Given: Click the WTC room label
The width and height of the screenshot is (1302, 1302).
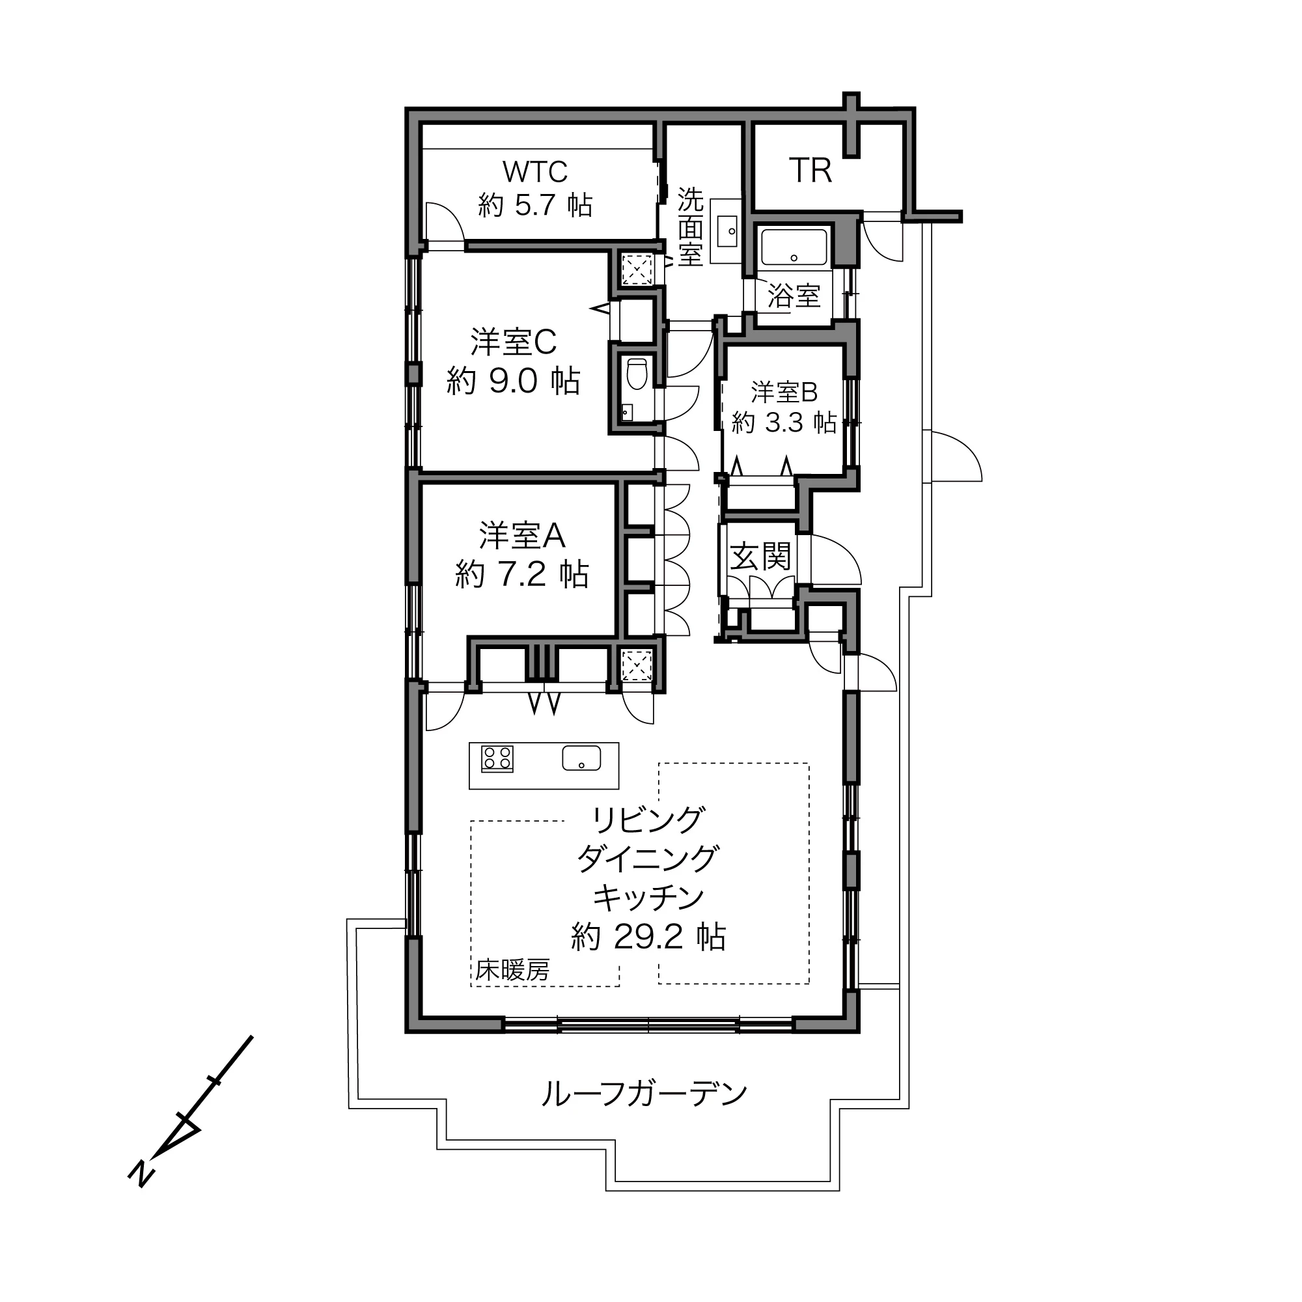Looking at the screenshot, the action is (535, 172).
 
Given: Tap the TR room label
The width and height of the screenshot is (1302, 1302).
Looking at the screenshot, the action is (810, 171).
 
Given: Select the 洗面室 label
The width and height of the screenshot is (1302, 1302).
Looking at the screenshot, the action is (690, 227).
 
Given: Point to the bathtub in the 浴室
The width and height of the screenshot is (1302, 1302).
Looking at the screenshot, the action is (794, 247).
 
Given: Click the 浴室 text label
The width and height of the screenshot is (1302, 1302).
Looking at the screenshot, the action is (794, 295).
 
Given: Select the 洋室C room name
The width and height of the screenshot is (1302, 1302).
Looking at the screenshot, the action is (514, 342).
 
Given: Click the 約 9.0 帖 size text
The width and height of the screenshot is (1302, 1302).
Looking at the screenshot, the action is (514, 381).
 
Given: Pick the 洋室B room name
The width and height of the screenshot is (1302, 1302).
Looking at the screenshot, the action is (784, 392).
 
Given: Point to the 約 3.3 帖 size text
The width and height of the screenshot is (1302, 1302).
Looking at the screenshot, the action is (784, 422).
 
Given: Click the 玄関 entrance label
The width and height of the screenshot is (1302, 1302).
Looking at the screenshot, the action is (761, 557).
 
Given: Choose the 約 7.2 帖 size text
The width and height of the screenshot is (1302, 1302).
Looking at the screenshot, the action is (522, 574).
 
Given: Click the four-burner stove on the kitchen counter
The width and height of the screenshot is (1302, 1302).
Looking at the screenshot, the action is (497, 758).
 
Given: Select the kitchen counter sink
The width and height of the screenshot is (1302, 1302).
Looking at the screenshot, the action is (581, 758).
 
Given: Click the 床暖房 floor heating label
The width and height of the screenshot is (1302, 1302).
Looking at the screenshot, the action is (513, 970).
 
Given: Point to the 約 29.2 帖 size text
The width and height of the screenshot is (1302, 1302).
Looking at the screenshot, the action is (648, 936).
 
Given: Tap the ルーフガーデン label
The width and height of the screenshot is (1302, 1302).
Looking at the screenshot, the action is (645, 1094).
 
